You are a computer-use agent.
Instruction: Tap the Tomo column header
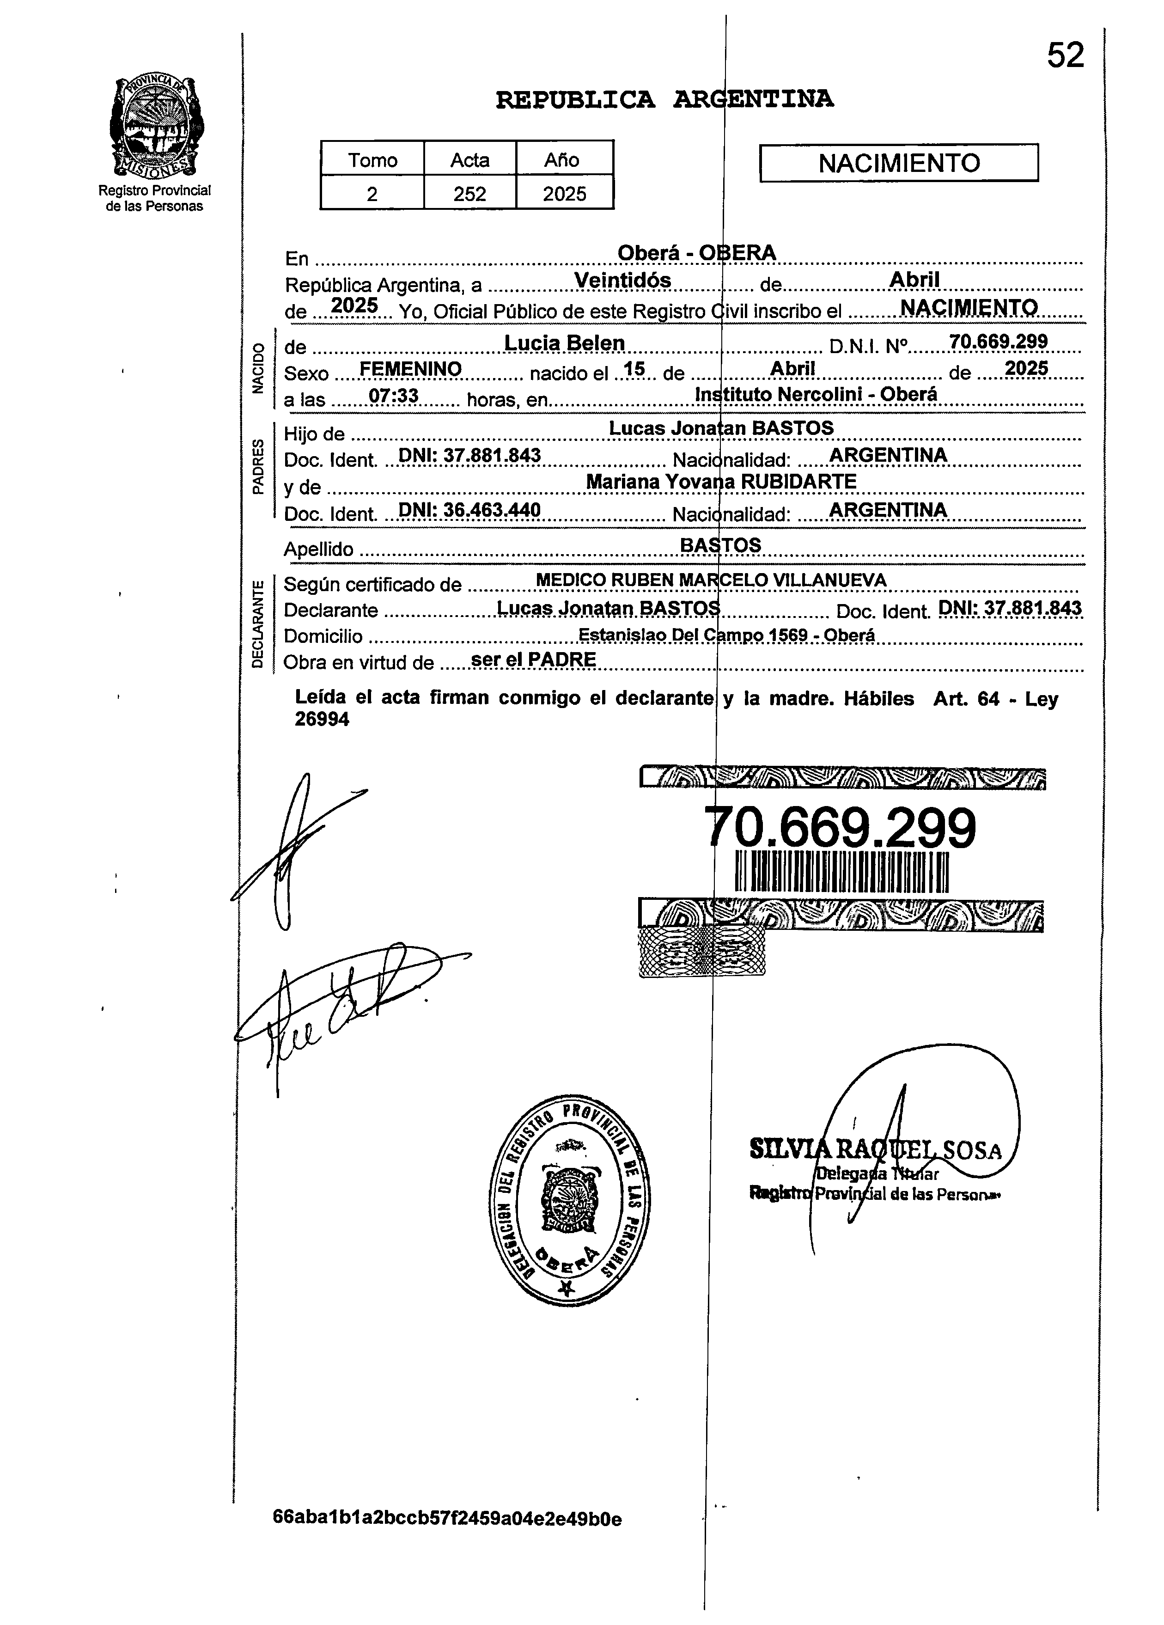point(372,160)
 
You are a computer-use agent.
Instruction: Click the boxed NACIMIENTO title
point(898,163)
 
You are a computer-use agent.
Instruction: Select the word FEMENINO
point(410,369)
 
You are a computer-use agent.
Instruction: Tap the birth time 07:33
point(393,396)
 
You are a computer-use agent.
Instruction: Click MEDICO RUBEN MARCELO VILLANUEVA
point(711,580)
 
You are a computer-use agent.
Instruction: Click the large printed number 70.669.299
point(840,828)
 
